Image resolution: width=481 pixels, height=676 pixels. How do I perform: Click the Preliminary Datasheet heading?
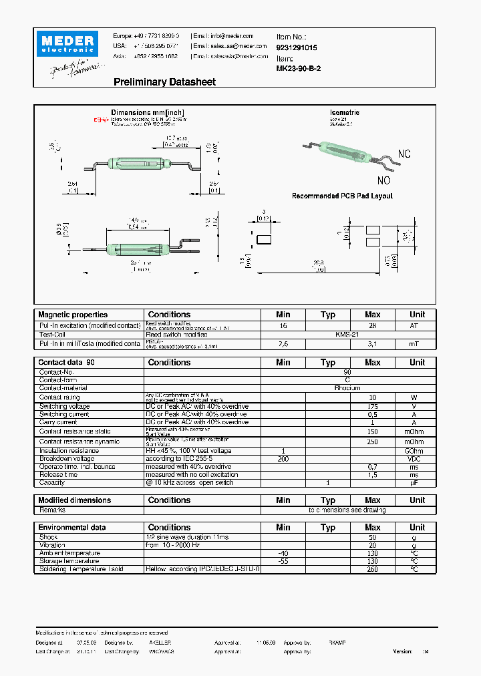tap(164, 82)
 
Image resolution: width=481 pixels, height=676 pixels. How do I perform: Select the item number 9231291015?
tap(297, 48)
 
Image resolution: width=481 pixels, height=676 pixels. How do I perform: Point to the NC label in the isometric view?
tap(404, 154)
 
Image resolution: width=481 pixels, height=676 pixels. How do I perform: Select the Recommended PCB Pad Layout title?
tap(342, 196)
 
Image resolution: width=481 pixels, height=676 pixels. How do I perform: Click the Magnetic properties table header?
tap(73, 315)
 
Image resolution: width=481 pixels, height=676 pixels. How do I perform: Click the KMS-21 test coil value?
tap(347, 334)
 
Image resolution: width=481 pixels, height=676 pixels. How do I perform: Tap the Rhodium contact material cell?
tap(347, 388)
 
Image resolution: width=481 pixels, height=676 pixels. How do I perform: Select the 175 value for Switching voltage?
tap(372, 406)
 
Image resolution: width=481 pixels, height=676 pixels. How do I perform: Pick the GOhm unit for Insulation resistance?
tap(417, 451)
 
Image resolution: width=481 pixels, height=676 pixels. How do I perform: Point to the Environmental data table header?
tap(72, 527)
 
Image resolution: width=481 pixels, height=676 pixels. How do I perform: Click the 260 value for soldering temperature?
tap(372, 569)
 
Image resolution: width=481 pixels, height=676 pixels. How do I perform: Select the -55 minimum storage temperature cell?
tap(283, 561)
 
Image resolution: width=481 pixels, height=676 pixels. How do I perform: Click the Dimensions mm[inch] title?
tap(148, 112)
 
